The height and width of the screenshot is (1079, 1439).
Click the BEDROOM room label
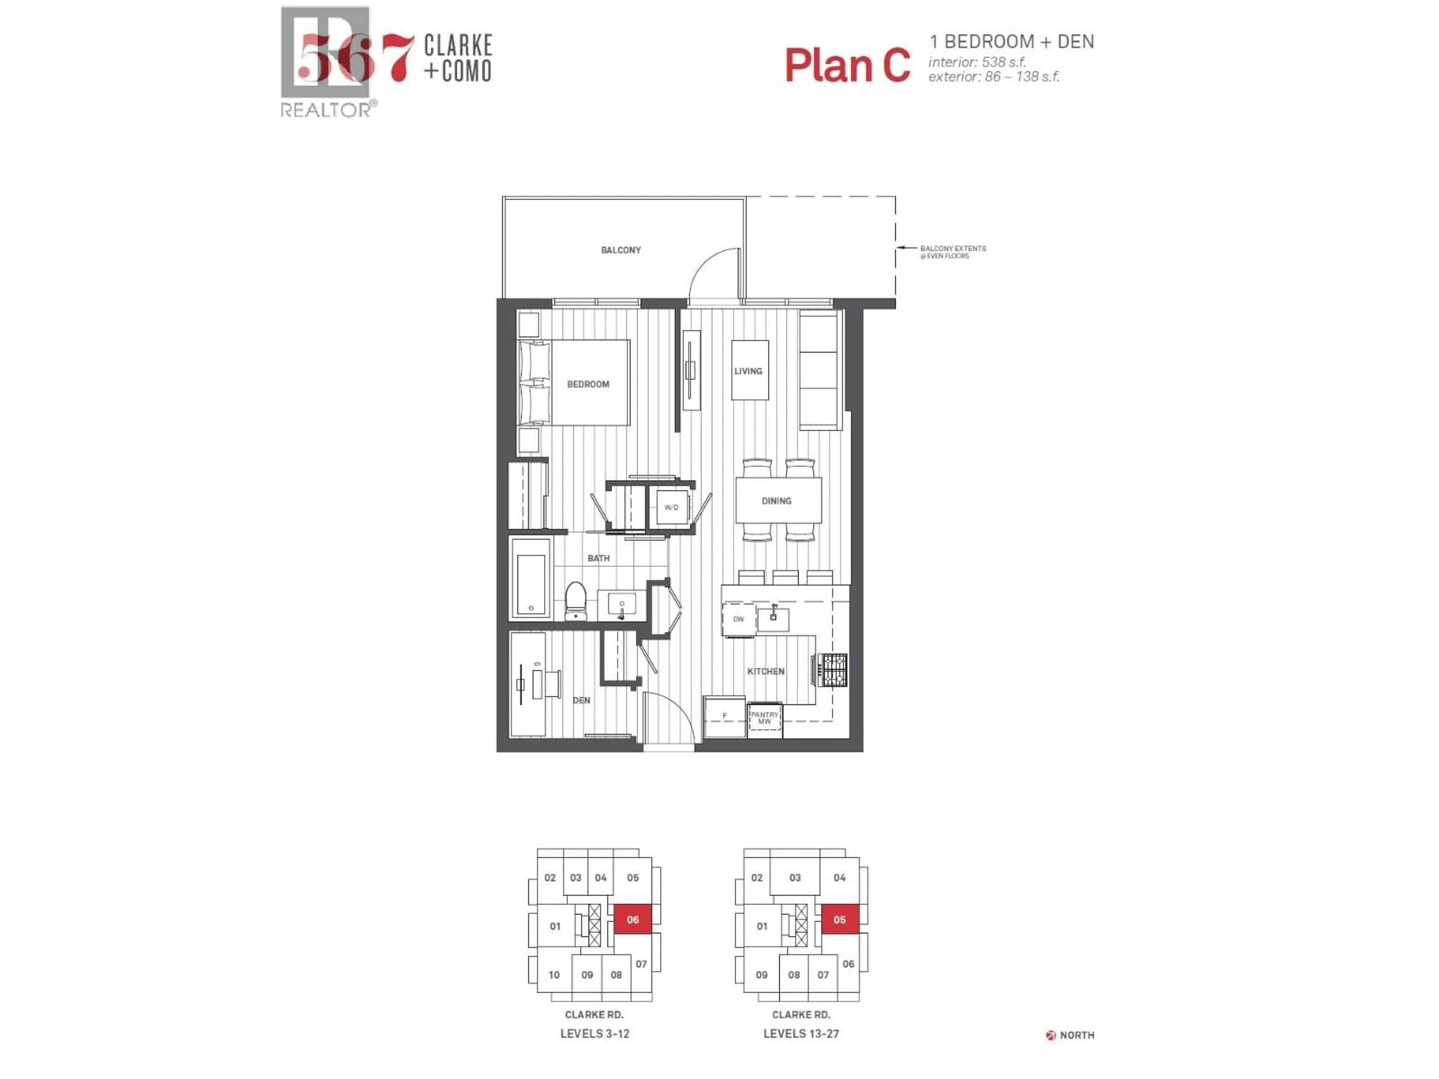[588, 384]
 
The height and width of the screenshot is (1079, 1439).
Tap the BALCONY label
[621, 250]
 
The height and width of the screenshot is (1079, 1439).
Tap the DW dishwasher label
[738, 619]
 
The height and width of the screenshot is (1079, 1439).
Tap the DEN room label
[582, 701]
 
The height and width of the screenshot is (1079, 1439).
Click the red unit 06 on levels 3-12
[632, 920]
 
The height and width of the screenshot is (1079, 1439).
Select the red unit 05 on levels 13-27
[839, 920]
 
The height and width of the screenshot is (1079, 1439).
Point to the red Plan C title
[847, 65]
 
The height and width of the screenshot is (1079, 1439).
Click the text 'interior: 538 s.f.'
[977, 63]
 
